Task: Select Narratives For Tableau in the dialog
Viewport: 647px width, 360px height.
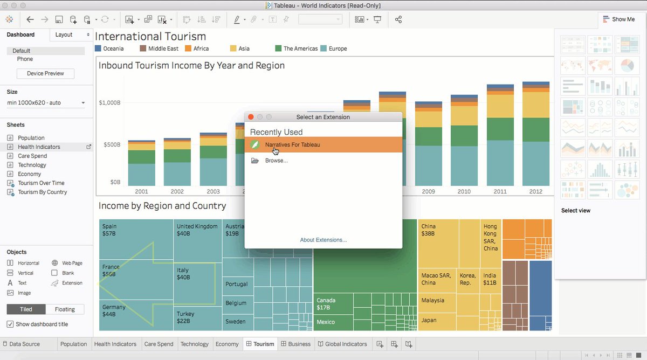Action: click(292, 145)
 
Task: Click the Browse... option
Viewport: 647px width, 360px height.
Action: click(276, 161)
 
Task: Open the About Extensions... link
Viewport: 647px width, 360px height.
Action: click(323, 240)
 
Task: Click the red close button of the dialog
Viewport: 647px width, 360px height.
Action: click(251, 117)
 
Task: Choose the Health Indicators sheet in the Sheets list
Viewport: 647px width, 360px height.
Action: click(39, 147)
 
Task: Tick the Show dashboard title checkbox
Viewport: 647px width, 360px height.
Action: click(10, 324)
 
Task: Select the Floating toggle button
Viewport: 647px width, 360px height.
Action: click(65, 309)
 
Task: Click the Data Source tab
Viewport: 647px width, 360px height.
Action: click(24, 344)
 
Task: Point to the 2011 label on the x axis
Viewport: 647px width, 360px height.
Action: click(499, 191)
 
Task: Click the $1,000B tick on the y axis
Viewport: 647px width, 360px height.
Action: click(109, 102)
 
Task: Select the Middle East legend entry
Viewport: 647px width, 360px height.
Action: click(163, 49)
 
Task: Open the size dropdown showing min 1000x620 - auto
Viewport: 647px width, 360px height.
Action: click(46, 103)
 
